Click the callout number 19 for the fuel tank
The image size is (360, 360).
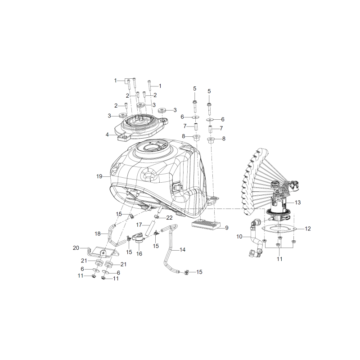[99, 176]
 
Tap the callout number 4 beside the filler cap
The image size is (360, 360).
[107, 135]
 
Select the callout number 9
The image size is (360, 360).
[227, 228]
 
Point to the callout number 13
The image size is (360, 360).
[297, 202]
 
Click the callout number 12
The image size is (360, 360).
[308, 229]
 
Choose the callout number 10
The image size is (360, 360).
[239, 237]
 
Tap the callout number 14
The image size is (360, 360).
[183, 250]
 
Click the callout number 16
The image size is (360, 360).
[139, 254]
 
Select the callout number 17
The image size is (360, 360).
[139, 225]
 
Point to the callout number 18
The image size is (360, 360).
[98, 234]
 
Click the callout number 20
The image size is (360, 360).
[76, 248]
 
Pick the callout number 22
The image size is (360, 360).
[169, 218]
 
